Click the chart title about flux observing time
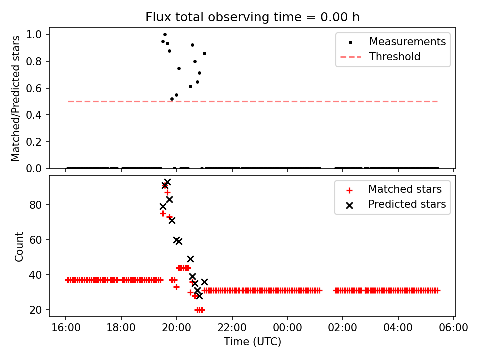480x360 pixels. pyautogui.click(x=252, y=17)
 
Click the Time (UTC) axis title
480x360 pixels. pyautogui.click(x=252, y=342)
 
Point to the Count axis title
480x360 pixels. pyautogui.click(x=19, y=246)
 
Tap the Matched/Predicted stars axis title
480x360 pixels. pyautogui.click(x=16, y=98)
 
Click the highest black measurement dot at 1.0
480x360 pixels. pyautogui.click(x=165, y=35)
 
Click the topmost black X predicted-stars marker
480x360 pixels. pyautogui.click(x=167, y=182)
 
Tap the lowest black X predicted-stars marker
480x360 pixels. pyautogui.click(x=199, y=296)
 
